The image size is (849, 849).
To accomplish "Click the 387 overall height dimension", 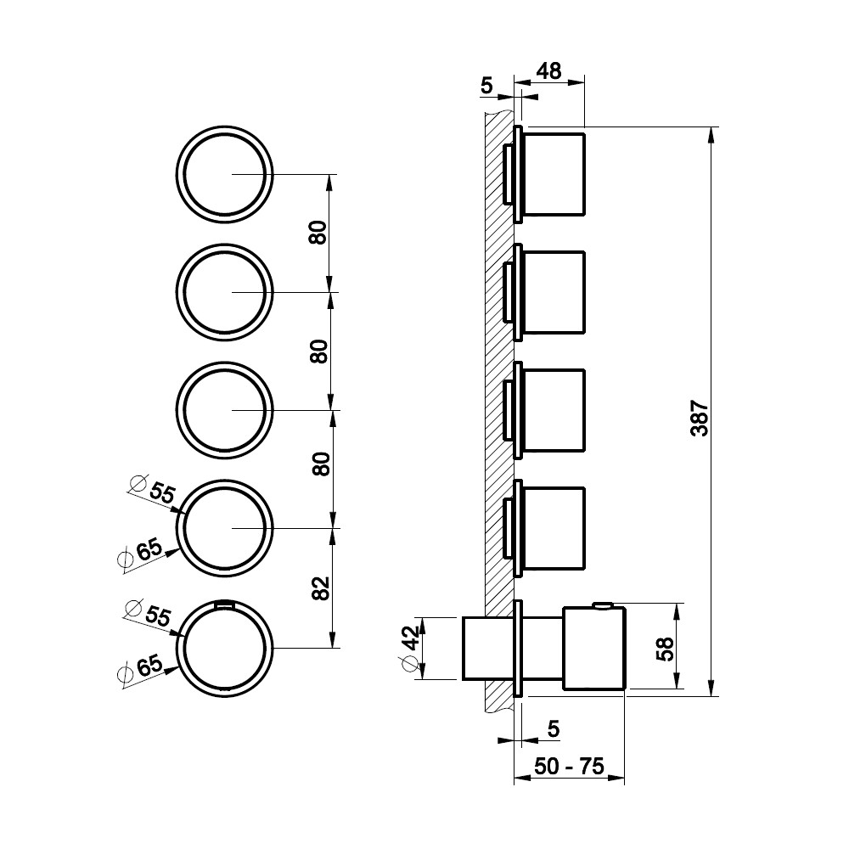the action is pos(700,418).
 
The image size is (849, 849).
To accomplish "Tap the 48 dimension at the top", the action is pos(549,71).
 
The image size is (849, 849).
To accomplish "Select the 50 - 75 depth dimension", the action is pos(569,766).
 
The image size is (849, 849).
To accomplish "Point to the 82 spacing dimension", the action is pos(321,588).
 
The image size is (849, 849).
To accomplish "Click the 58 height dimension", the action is pos(665,649).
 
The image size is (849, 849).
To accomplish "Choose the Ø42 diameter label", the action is pos(411,648).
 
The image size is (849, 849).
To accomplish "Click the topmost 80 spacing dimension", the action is pos(318,233).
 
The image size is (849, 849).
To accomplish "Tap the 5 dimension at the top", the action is pos(486,86).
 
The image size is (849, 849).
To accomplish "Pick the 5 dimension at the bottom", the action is pos(553,728).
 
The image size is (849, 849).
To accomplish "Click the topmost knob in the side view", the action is pos(554,174).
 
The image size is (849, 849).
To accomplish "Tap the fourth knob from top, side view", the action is pos(554,528).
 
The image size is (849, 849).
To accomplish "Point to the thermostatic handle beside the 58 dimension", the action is pos(594,648).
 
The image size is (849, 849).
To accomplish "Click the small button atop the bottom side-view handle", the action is pos(602,604).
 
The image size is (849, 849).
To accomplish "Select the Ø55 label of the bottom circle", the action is pos(148,614).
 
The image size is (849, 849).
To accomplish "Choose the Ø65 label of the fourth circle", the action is pos(140,553).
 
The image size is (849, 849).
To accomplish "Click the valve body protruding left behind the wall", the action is pos(475,648).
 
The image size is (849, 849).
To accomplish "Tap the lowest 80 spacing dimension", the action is pos(321,464).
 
